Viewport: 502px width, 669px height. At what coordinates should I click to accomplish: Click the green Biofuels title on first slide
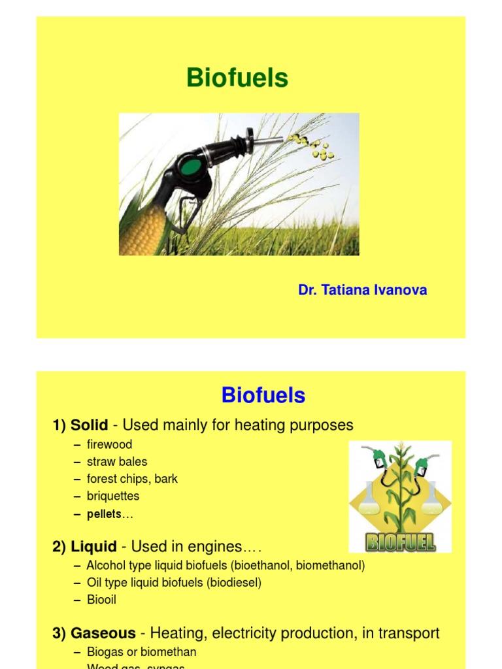pos(237,78)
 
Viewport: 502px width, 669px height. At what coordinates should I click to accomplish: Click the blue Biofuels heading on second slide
pos(263,395)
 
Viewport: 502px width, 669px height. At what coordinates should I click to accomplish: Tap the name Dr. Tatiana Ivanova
pos(363,290)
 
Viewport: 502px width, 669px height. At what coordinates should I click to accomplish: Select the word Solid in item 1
pos(90,425)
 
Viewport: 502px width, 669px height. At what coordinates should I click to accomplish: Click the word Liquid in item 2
pos(93,547)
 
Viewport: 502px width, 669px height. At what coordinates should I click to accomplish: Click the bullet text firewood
pos(109,445)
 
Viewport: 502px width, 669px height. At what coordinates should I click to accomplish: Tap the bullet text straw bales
pos(117,462)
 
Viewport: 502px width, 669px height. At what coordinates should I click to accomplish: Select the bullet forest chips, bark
pos(132,479)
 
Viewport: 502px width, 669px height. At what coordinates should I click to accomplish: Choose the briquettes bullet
pos(113,496)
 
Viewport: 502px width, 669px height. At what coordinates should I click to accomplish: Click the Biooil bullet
pos(101,599)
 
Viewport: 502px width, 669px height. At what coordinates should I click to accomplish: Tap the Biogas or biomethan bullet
pos(141,652)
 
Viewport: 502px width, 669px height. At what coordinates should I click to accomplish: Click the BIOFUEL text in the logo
pos(400,542)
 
